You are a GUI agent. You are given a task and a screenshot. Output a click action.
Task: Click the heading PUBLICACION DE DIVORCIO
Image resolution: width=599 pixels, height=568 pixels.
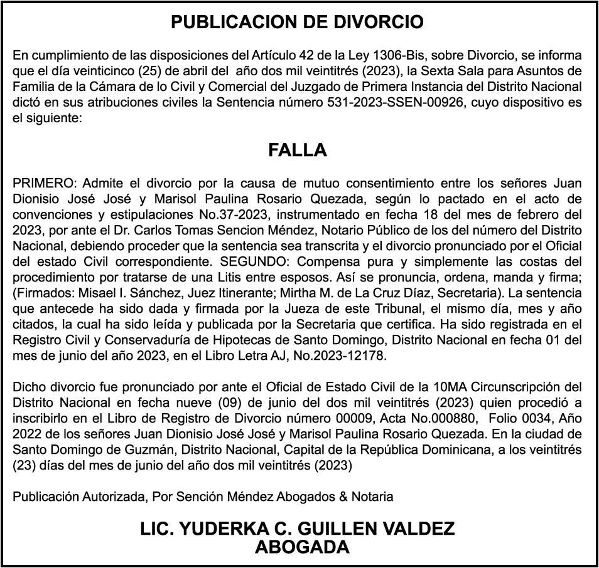pyautogui.click(x=298, y=23)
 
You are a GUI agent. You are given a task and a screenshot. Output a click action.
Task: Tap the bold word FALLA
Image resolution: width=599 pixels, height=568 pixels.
pyautogui.click(x=298, y=150)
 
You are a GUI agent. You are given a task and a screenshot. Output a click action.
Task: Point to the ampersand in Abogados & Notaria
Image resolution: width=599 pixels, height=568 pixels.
pyautogui.click(x=343, y=497)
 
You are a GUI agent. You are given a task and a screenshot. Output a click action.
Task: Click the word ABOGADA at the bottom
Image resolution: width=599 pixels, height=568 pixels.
pyautogui.click(x=301, y=547)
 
